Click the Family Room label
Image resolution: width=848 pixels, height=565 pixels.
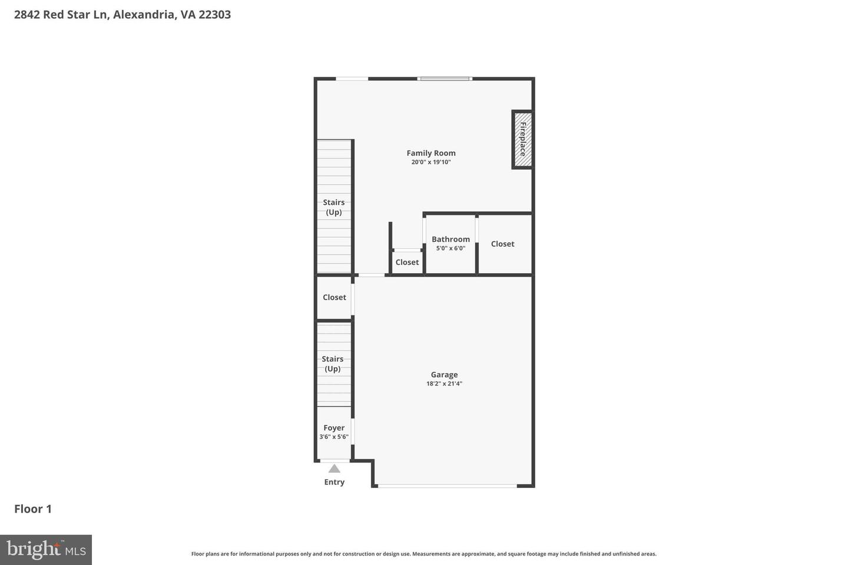tap(431, 153)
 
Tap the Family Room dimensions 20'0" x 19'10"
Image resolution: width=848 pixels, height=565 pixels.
tap(431, 162)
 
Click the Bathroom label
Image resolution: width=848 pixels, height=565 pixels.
tap(450, 239)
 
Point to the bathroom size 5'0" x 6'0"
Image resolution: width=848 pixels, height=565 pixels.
tap(450, 248)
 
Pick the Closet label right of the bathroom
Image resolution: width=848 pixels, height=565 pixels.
tap(502, 244)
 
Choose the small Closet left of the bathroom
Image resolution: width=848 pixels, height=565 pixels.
tap(407, 262)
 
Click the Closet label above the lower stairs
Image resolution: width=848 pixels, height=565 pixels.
tap(334, 297)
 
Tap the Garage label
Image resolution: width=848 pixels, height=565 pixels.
tap(444, 374)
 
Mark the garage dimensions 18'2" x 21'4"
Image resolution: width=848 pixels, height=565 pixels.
tap(444, 384)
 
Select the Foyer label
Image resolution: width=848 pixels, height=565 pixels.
tap(334, 428)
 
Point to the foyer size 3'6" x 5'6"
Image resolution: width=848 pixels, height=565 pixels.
tap(334, 437)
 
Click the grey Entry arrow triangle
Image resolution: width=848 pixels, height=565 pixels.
tap(334, 469)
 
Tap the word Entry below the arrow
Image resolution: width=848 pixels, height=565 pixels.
tap(334, 482)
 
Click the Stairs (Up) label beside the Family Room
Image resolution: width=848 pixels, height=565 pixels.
tap(334, 207)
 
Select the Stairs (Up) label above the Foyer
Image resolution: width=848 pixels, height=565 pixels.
tap(333, 364)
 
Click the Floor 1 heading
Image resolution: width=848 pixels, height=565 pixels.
tap(33, 509)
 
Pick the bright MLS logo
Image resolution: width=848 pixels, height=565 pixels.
tap(46, 550)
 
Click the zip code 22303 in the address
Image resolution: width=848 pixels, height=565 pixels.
tap(214, 15)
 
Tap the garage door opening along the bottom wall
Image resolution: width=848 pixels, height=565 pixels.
tap(448, 486)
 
